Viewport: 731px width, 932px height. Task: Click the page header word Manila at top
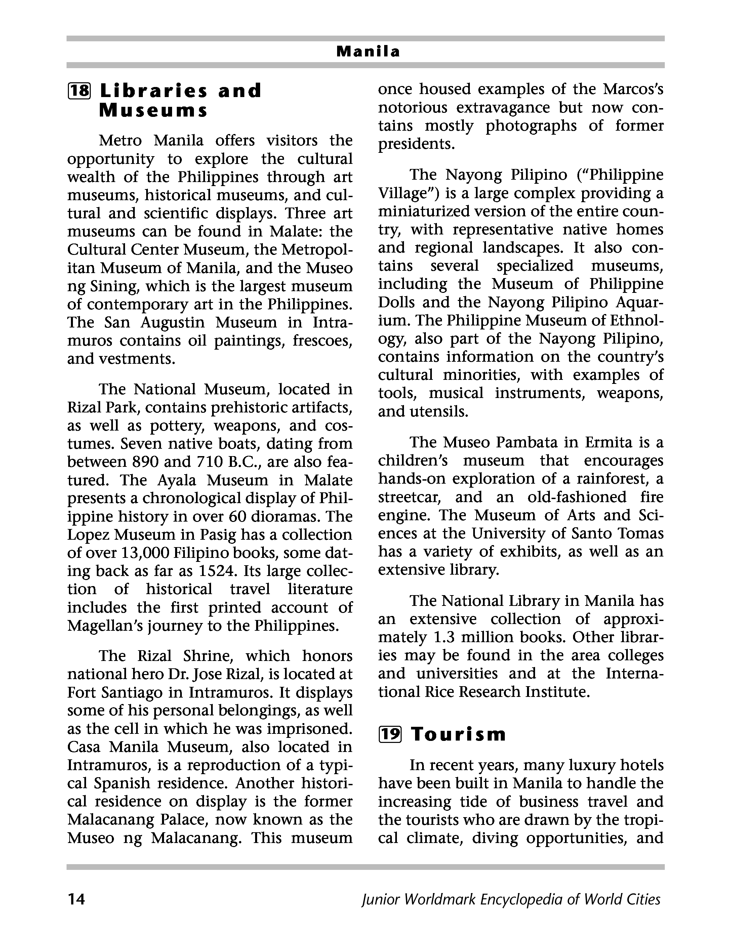pos(368,52)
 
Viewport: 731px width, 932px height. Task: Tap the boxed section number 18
pos(80,91)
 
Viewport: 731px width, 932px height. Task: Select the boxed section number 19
pos(390,735)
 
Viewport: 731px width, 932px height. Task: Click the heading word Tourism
pos(458,735)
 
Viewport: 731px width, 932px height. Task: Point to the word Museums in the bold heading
pos(153,111)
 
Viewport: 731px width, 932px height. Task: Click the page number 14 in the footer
pos(76,899)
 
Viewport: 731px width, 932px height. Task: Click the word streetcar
pos(410,497)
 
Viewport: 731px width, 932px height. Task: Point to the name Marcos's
pos(633,89)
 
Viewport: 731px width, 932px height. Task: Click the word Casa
pos(83,747)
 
